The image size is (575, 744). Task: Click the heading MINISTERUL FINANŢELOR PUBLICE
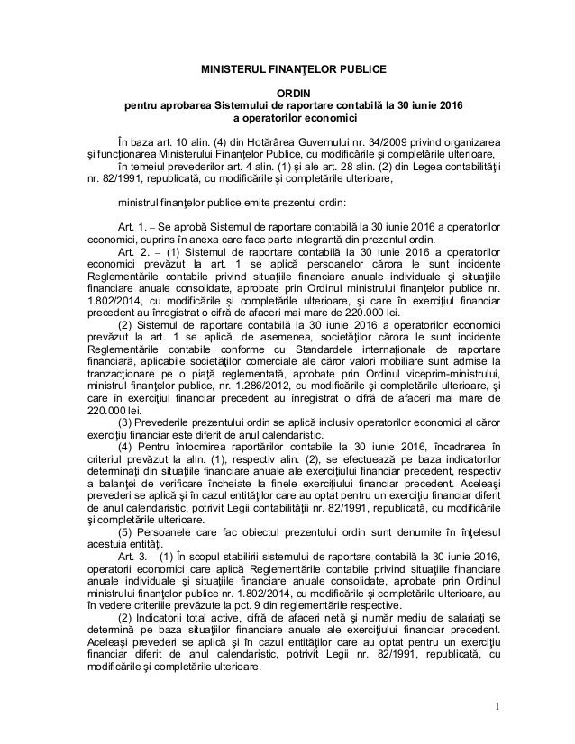pos(293,68)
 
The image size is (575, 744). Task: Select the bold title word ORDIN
pos(294,94)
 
